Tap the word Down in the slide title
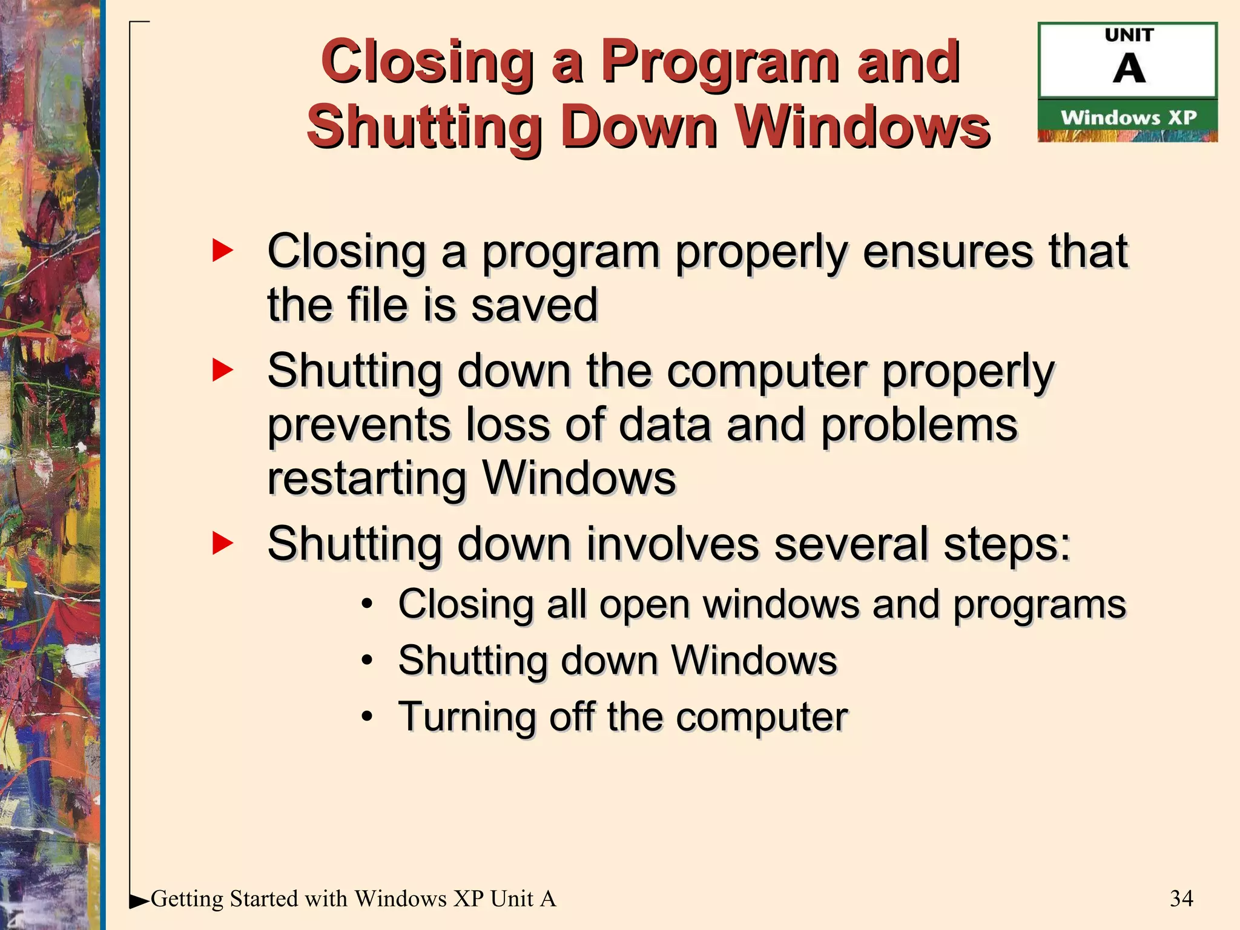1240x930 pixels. click(x=639, y=127)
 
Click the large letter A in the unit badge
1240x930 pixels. click(x=1129, y=69)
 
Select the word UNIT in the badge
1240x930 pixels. click(x=1129, y=36)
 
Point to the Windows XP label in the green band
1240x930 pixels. click(x=1129, y=117)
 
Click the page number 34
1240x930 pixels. click(x=1181, y=899)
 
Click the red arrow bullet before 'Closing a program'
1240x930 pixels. click(x=222, y=251)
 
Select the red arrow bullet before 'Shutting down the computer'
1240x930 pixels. click(x=222, y=370)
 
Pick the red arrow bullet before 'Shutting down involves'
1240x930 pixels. click(x=222, y=542)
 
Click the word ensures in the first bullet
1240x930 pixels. click(x=947, y=251)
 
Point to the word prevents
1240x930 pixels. click(x=359, y=425)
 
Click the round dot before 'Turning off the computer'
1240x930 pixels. click(x=367, y=716)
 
